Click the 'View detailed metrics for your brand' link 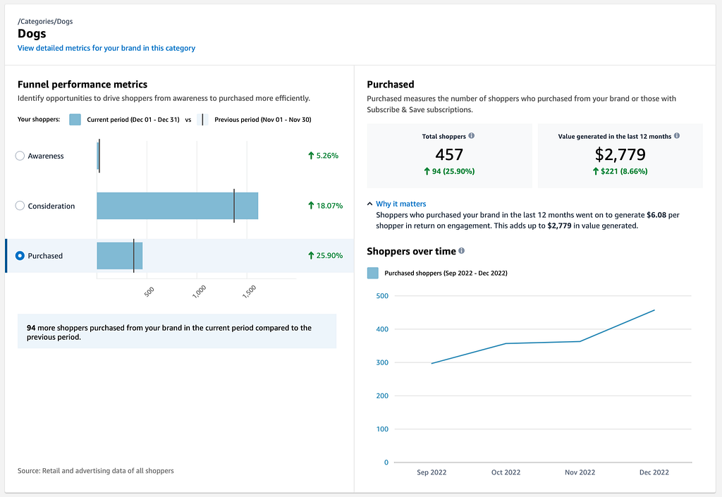pos(106,49)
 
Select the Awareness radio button pos(20,156)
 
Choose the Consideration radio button pos(20,206)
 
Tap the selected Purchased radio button pos(20,255)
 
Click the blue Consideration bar pos(177,206)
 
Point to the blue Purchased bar pos(120,255)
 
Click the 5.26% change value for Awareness pos(327,156)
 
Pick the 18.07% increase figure pos(330,206)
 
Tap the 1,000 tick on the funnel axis pos(200,291)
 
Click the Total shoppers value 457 pos(449,154)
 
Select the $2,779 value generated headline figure pos(620,154)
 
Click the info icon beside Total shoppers pos(472,136)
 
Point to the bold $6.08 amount pos(656,215)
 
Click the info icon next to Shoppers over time pos(461,251)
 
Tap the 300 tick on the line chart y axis pos(382,362)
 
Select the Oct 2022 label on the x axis pos(506,472)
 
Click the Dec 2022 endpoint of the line pos(654,310)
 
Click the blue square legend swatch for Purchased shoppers pos(373,273)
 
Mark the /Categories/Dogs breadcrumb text pos(45,22)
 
